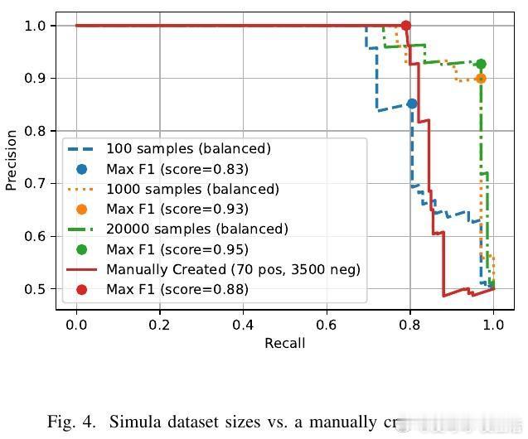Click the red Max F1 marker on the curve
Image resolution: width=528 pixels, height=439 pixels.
(x=405, y=26)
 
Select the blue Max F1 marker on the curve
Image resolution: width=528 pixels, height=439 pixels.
(x=412, y=104)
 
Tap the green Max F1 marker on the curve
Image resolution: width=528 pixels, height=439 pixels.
(x=481, y=64)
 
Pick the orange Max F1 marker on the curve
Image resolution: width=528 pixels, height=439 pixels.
(x=481, y=79)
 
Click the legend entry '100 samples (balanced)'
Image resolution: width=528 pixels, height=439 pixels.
(x=188, y=149)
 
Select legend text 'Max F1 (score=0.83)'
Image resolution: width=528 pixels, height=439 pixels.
(x=177, y=169)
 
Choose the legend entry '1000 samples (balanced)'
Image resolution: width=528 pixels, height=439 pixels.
(x=192, y=189)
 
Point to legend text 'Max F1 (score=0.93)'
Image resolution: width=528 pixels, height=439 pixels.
(x=177, y=209)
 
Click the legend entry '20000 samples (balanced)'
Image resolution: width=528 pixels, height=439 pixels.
(x=196, y=229)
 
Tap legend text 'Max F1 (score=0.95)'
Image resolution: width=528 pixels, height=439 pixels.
(x=177, y=249)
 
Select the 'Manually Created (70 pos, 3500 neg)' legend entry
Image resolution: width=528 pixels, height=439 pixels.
(x=233, y=269)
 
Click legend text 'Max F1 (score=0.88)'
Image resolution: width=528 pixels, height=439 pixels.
(x=177, y=289)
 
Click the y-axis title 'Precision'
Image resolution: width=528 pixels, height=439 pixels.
(x=12, y=160)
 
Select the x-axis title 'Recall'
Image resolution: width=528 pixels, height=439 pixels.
(x=284, y=343)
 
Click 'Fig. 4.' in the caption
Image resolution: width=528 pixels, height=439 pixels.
(x=69, y=422)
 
